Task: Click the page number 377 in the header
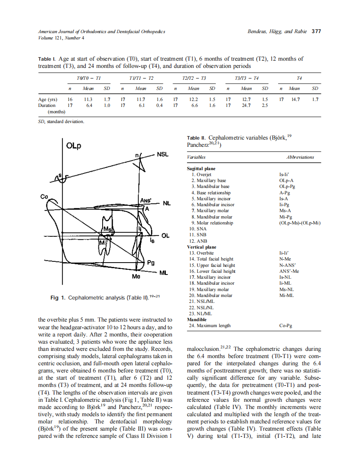[x=316, y=31]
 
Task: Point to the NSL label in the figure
[x=163, y=154]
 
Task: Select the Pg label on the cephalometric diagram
[x=151, y=263]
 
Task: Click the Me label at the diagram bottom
[x=136, y=276]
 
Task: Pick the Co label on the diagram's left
[x=44, y=196]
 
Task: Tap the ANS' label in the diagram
[x=146, y=200]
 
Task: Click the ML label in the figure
[x=164, y=273]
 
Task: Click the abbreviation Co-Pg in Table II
[x=285, y=326]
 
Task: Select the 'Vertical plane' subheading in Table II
[x=201, y=247]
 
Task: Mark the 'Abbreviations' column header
[x=300, y=157]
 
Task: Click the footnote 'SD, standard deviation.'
[x=61, y=122]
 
